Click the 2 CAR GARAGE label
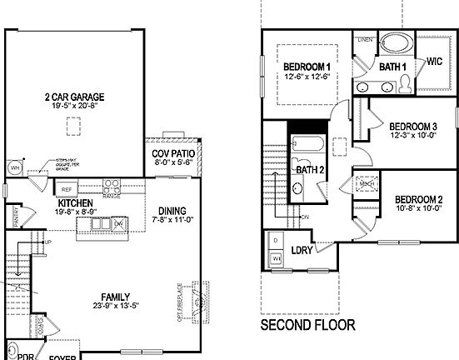pos(73,96)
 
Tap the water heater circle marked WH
pos(13,167)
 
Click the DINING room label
pos(170,210)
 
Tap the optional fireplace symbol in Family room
pos(197,303)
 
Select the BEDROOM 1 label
pos(307,67)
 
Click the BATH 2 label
pos(309,170)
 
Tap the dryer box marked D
pos(276,240)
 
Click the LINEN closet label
pos(363,39)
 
